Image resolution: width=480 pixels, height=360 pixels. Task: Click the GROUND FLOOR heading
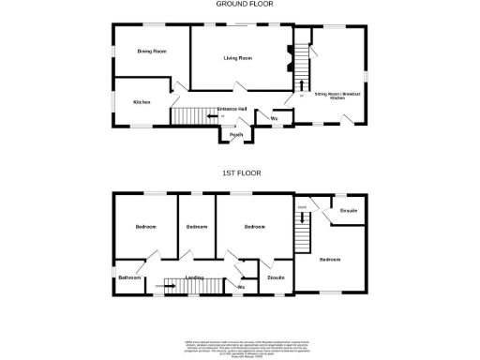point(239,4)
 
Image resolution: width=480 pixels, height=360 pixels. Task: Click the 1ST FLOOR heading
point(241,173)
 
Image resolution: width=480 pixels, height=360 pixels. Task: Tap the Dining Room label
point(152,52)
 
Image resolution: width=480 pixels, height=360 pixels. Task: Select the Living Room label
point(238,58)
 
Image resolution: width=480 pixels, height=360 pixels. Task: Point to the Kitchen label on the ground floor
point(142,101)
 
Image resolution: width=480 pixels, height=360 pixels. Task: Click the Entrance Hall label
point(232,110)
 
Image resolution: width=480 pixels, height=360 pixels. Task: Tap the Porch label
point(237,134)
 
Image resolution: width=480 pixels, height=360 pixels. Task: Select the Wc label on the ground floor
point(274,119)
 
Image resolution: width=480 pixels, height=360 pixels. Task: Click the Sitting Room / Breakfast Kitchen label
point(337,95)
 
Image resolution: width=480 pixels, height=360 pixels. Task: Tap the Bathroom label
point(129,277)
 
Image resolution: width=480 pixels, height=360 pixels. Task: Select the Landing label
point(195,277)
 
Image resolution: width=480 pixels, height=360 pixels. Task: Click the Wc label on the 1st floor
point(241,286)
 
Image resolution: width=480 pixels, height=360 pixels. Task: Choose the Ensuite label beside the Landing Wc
point(276,277)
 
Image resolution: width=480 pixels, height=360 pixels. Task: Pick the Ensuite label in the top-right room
point(349,210)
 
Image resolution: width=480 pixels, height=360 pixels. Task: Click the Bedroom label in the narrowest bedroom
point(196,227)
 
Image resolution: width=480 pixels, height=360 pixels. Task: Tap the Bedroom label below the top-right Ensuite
point(329,259)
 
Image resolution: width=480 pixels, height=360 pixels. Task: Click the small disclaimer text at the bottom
point(240,347)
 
